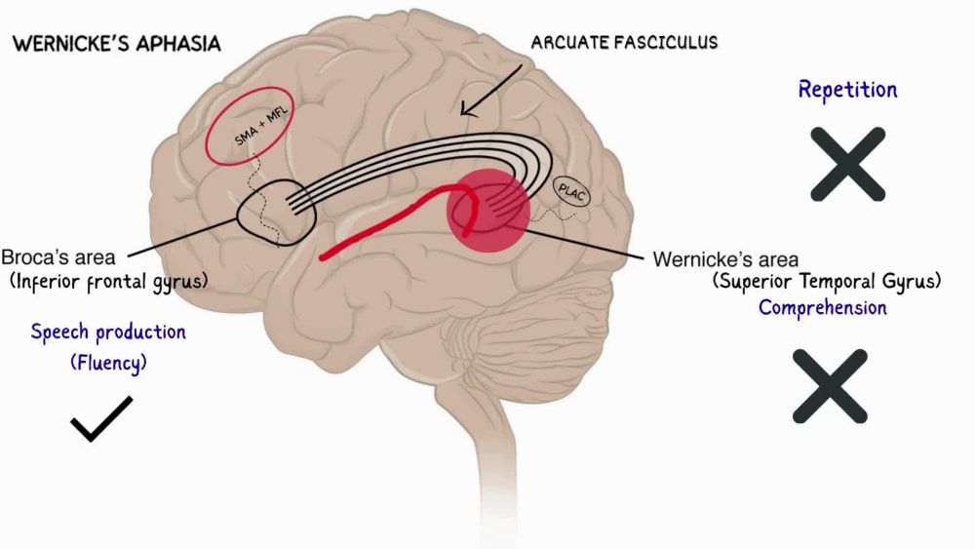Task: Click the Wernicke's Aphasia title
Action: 117,44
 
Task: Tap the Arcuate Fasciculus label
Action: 624,42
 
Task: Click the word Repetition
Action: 847,90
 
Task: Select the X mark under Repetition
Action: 847,164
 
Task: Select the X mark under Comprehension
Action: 830,386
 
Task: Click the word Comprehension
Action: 823,307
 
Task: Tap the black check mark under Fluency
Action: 101,418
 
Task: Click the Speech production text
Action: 108,332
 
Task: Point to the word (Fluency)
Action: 108,363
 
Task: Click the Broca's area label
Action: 58,256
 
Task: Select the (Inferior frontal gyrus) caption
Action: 108,282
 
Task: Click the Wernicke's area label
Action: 725,259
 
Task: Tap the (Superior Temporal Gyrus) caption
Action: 827,281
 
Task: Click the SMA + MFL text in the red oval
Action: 261,125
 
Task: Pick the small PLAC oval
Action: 571,192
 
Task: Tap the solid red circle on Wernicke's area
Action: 488,211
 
